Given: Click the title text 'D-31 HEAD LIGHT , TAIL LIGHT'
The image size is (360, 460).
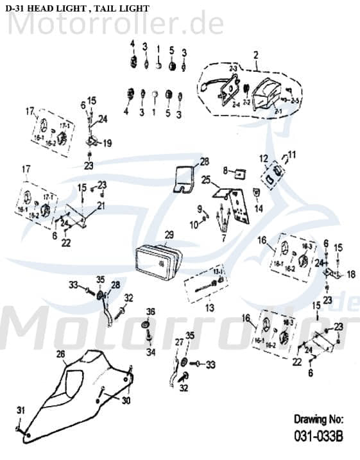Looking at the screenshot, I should [x=76, y=8].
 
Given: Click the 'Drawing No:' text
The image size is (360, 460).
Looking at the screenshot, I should [x=318, y=420].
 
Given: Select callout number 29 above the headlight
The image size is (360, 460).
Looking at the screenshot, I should [x=169, y=234].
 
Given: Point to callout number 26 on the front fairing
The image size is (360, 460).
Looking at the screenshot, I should [x=60, y=354].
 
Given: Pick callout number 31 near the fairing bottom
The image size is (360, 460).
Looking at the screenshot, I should [x=19, y=410].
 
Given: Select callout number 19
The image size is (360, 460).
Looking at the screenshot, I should [x=107, y=143].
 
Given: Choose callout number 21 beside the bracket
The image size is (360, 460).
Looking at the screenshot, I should [x=101, y=205].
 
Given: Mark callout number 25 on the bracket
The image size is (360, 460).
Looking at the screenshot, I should [x=205, y=180].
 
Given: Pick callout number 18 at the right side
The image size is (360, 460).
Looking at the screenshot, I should [x=350, y=275].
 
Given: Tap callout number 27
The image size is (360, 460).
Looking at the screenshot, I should [x=171, y=344].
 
